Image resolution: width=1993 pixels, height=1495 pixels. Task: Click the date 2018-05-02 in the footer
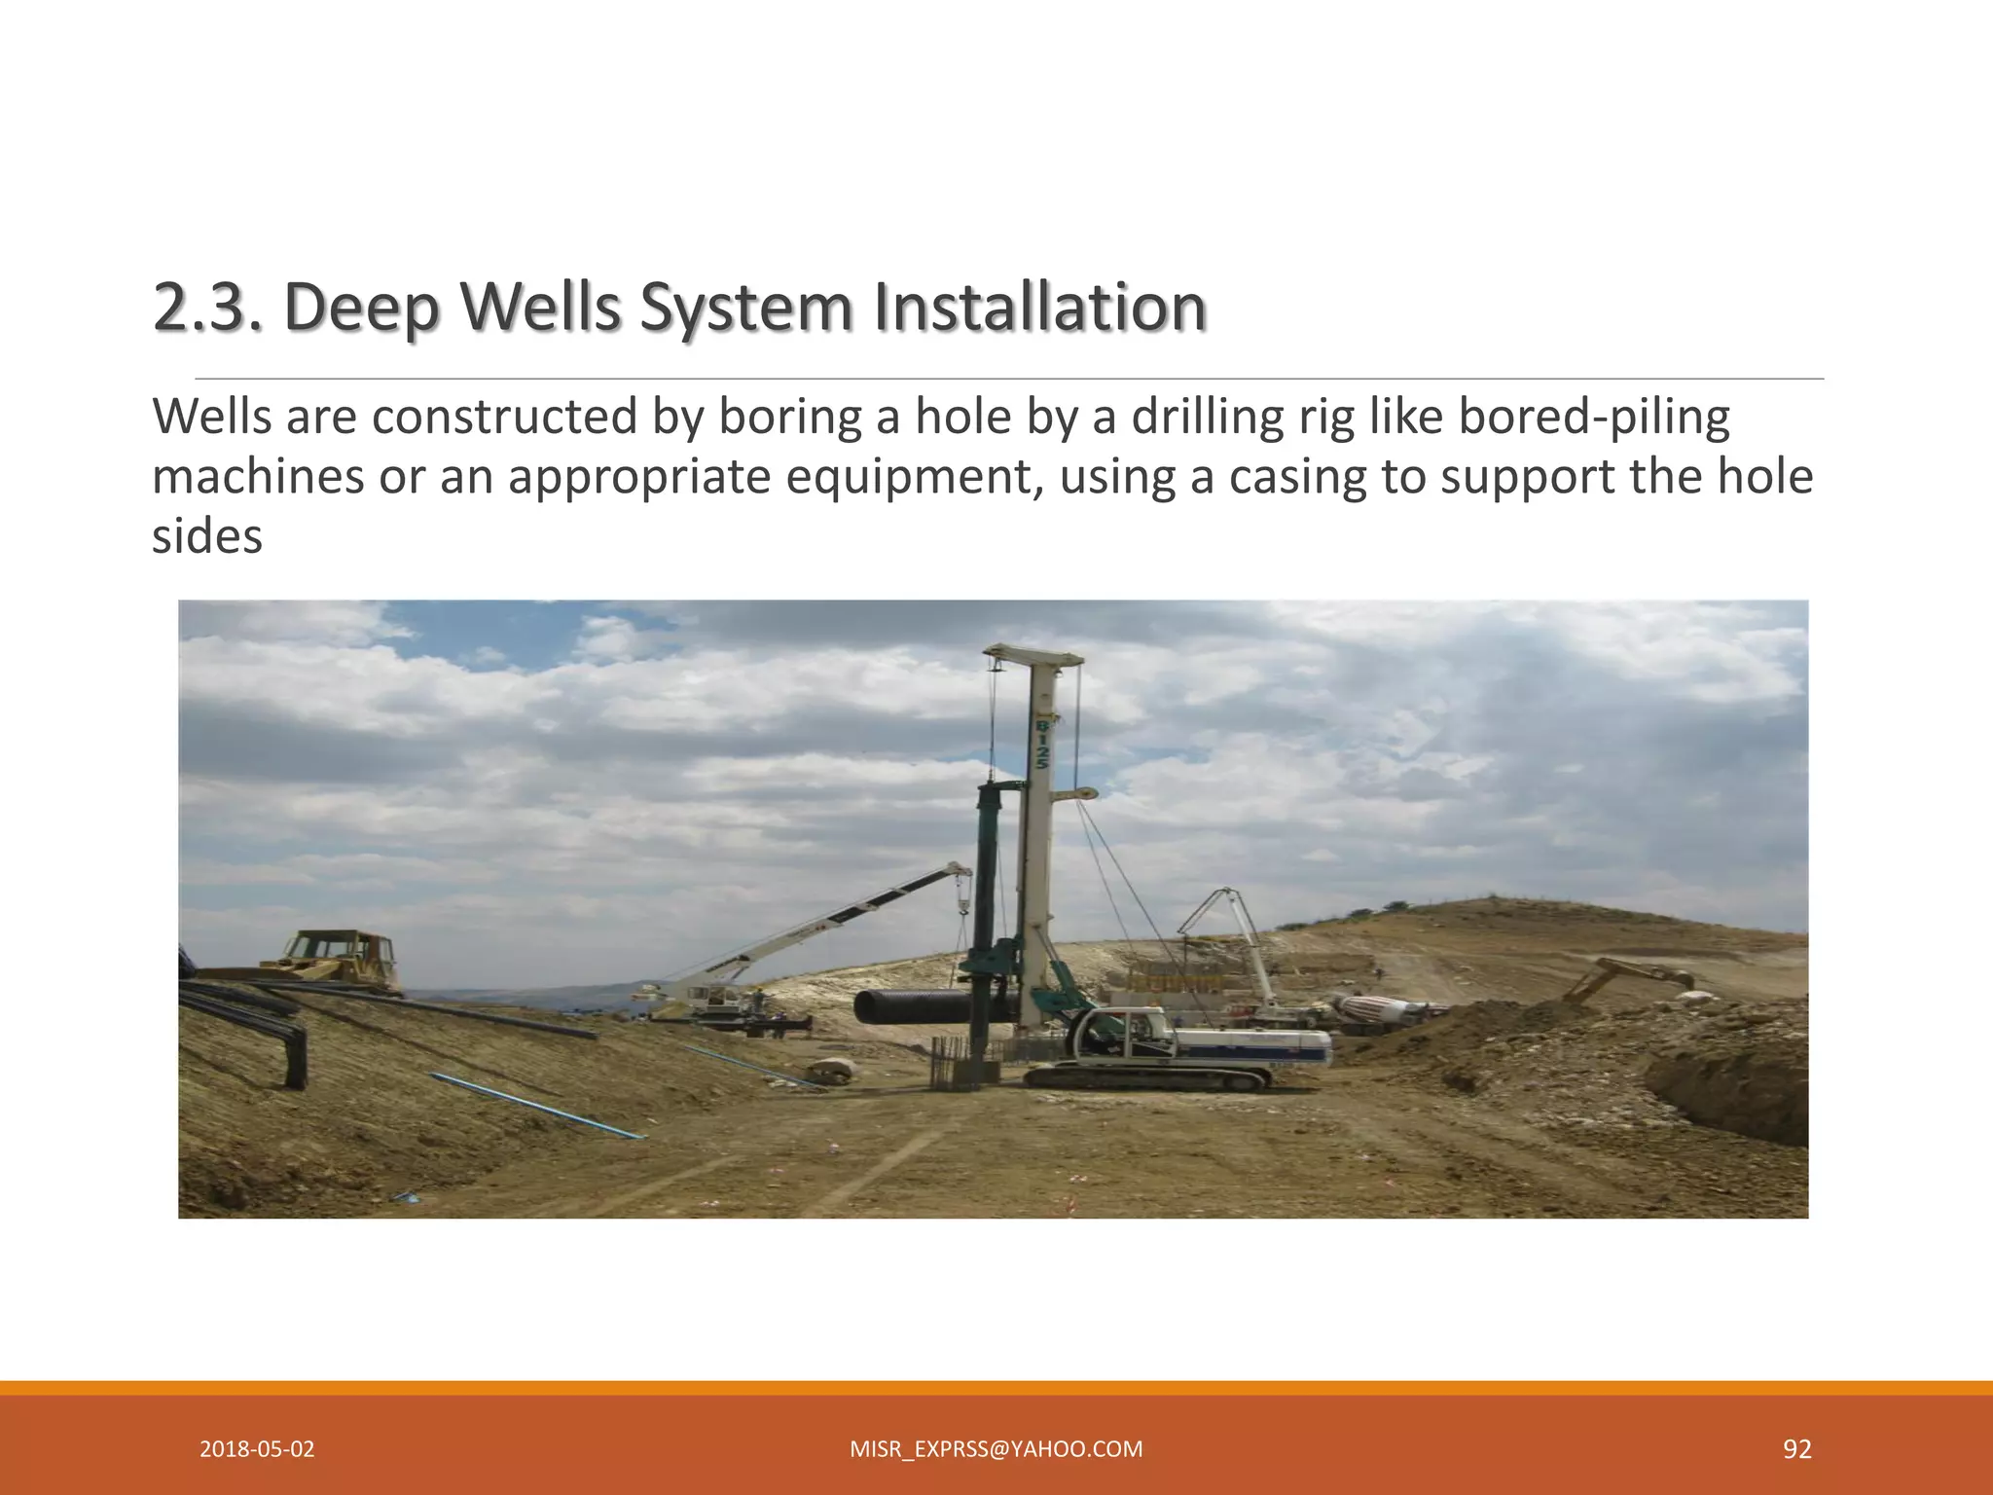[x=257, y=1449]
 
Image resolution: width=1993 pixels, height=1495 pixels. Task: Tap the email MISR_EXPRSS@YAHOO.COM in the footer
[x=996, y=1449]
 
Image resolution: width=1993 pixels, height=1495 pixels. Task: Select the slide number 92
[x=1796, y=1449]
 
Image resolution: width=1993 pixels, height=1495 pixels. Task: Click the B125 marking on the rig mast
[x=1040, y=745]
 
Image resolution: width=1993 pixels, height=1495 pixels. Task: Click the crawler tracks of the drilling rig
[x=1148, y=1077]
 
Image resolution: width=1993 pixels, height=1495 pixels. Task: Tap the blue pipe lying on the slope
[x=535, y=1105]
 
